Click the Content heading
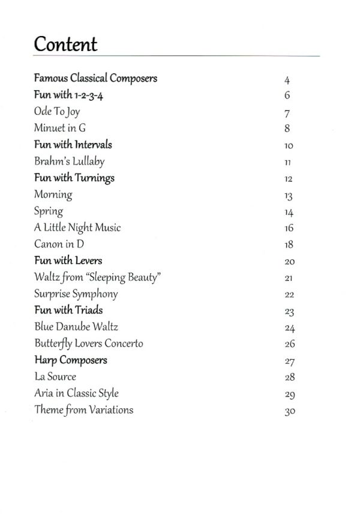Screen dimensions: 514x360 [x=65, y=44]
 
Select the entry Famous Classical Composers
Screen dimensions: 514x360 [x=95, y=78]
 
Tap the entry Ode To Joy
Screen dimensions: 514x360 [x=57, y=112]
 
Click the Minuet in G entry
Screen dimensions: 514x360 [x=60, y=128]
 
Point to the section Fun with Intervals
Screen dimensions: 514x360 [x=73, y=145]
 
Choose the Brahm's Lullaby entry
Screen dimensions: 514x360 [x=70, y=162]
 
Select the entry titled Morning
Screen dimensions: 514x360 [x=53, y=195]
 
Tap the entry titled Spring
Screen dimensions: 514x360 [x=49, y=211]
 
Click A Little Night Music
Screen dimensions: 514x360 [x=77, y=228]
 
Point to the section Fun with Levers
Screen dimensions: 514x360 [x=68, y=261]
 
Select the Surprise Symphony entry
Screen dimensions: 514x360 [x=76, y=294]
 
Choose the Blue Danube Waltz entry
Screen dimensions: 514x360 [x=76, y=327]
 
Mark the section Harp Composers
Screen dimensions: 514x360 [x=71, y=360]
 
